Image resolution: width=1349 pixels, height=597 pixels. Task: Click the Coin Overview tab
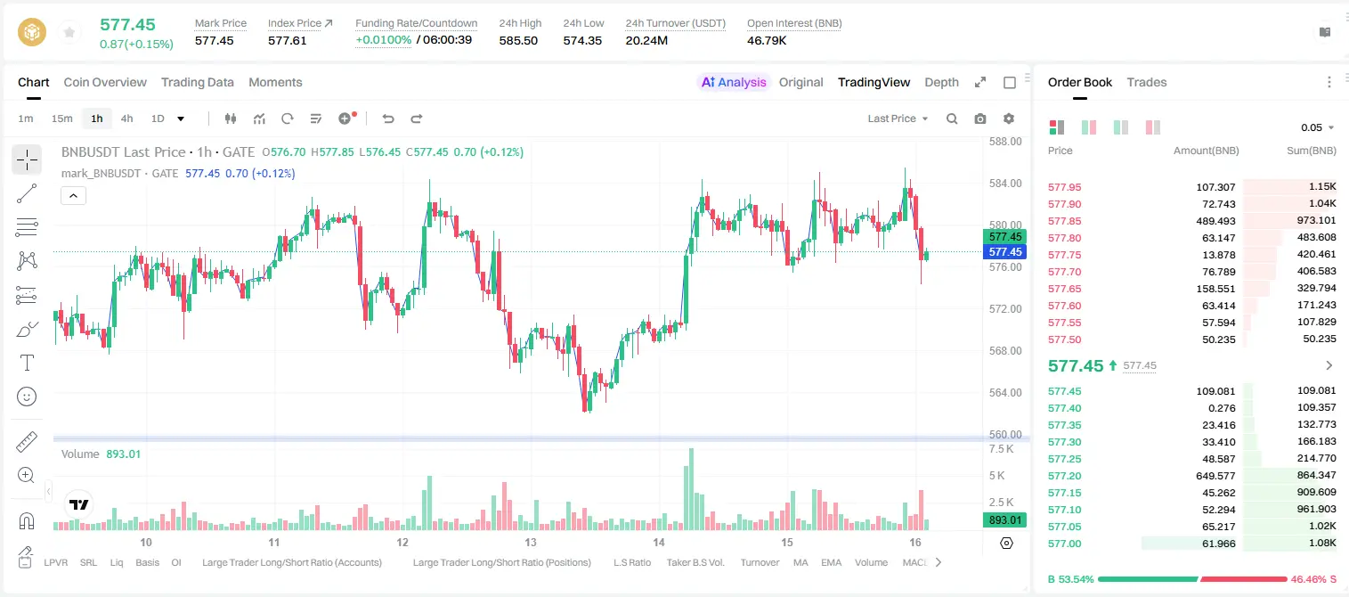105,82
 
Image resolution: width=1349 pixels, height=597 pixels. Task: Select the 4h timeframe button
126,119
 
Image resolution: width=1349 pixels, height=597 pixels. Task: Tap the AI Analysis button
734,82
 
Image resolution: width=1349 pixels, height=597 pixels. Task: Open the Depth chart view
941,82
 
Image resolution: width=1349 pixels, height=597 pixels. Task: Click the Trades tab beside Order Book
1147,82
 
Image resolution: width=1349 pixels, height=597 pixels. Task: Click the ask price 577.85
1064,221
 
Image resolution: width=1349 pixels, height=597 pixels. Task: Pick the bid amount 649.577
1215,476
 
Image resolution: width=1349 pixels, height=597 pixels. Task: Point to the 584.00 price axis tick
1005,184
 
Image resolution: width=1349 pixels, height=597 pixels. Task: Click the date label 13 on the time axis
531,542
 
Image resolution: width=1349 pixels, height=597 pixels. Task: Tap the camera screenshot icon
980,119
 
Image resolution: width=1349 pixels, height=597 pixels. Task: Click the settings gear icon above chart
1009,119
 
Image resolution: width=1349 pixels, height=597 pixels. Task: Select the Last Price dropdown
898,119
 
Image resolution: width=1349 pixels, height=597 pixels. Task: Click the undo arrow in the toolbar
388,119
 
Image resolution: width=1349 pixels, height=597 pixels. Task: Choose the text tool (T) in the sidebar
27,363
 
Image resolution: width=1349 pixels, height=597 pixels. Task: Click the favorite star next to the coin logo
69,32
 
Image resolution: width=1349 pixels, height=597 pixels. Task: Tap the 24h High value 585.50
518,40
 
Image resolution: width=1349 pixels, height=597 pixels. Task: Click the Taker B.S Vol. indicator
695,562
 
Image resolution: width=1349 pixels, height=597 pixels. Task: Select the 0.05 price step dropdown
1317,127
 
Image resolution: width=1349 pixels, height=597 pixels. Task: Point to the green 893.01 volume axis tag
1004,519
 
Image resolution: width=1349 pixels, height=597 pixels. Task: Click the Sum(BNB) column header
1311,151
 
